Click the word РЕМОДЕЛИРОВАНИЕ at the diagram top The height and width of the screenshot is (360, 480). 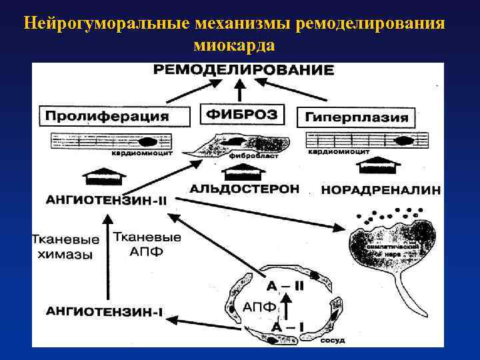tap(243, 70)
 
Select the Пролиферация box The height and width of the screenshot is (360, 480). tap(107, 116)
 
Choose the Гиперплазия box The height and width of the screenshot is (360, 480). tap(357, 117)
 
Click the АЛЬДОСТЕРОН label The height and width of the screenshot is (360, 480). tap(244, 189)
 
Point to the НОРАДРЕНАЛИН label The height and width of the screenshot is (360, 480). tap(381, 190)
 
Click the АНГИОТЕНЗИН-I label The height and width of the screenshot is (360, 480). tap(105, 311)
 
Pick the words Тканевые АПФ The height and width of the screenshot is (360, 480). tap(147, 244)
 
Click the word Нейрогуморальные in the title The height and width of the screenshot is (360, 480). tap(107, 25)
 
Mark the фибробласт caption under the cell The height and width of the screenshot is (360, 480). tap(245, 155)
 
